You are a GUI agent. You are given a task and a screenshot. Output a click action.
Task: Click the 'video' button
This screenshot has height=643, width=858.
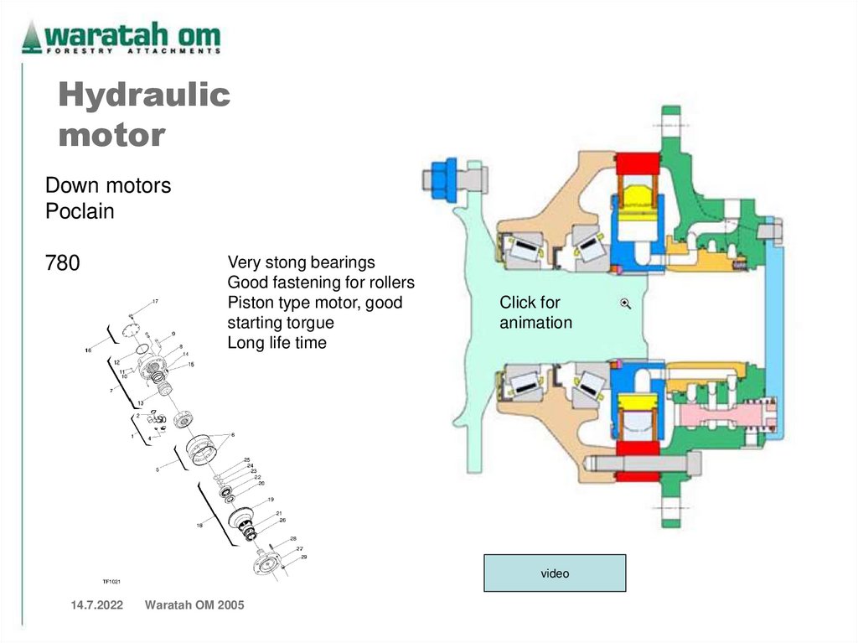coord(555,573)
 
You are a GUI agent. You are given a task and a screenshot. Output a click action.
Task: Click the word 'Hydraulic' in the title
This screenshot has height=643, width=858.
coord(144,96)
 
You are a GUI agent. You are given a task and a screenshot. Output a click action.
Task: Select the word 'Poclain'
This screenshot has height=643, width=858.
coord(80,211)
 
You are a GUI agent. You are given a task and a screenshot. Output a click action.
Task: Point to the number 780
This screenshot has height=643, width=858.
coord(63,263)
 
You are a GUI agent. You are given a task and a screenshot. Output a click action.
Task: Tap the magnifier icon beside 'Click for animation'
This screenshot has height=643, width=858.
coord(625,303)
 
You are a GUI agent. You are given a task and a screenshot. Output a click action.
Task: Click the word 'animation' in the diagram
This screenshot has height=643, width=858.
coord(536,323)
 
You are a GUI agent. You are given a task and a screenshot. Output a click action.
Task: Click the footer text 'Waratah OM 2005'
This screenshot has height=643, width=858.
coord(194,605)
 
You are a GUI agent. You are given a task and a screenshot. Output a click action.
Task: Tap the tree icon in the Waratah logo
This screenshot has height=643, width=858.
coord(32,37)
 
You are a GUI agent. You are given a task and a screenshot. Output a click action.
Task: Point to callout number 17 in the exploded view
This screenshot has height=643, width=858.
coord(155,301)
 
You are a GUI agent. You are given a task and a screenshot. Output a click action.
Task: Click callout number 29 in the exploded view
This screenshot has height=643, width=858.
coord(303,557)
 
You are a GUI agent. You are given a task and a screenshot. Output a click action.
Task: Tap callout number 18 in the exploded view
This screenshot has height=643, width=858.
coord(199,526)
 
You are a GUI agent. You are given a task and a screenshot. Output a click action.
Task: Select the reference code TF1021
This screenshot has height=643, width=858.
coord(112,580)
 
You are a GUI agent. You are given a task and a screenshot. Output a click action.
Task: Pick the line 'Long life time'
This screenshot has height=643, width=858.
coord(277,343)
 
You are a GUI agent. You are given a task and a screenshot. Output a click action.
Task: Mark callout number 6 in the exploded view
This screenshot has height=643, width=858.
coord(233,434)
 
